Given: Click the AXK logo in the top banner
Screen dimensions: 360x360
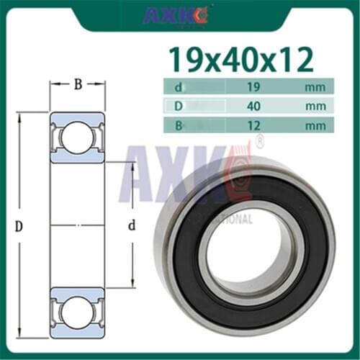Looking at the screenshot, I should coord(176,14).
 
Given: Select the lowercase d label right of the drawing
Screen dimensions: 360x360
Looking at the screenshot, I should coord(131,226).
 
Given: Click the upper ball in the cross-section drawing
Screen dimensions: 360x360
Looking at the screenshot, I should coord(77,136).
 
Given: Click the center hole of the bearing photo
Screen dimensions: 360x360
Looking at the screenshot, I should coord(247,248).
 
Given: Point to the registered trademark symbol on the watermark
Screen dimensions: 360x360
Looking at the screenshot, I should coord(260,140).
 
